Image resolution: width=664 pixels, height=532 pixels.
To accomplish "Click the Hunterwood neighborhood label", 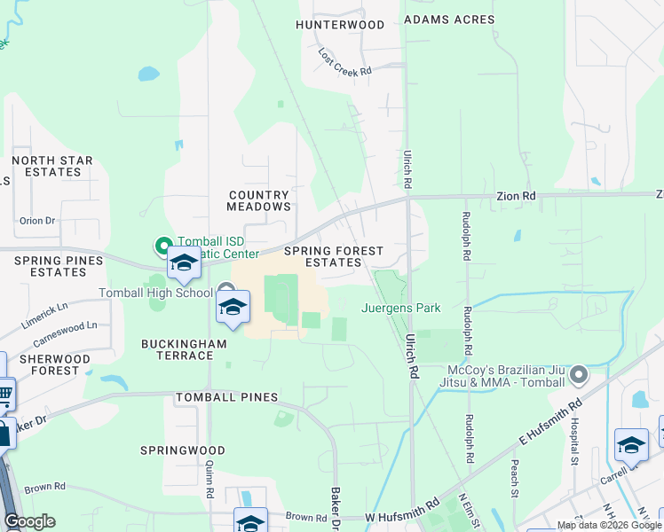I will pyautogui.click(x=341, y=25).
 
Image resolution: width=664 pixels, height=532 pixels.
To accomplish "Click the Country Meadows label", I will pyautogui.click(x=258, y=200).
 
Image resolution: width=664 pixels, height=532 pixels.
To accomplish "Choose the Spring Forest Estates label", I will pyautogui.click(x=333, y=257).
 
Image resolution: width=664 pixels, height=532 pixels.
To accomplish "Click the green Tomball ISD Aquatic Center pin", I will pyautogui.click(x=163, y=245).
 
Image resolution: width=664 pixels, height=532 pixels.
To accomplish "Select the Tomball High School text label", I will pyautogui.click(x=157, y=293).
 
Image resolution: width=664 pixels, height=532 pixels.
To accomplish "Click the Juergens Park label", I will pyautogui.click(x=400, y=309).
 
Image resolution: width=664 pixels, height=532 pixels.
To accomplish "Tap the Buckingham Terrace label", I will pyautogui.click(x=178, y=349).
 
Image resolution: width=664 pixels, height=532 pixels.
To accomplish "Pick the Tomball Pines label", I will pyautogui.click(x=227, y=397).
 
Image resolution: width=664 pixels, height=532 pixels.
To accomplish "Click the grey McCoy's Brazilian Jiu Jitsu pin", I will pyautogui.click(x=579, y=375).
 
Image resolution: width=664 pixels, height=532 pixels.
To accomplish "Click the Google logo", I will pyautogui.click(x=30, y=521).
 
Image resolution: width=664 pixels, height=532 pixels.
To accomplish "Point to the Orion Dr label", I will pyautogui.click(x=37, y=220).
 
